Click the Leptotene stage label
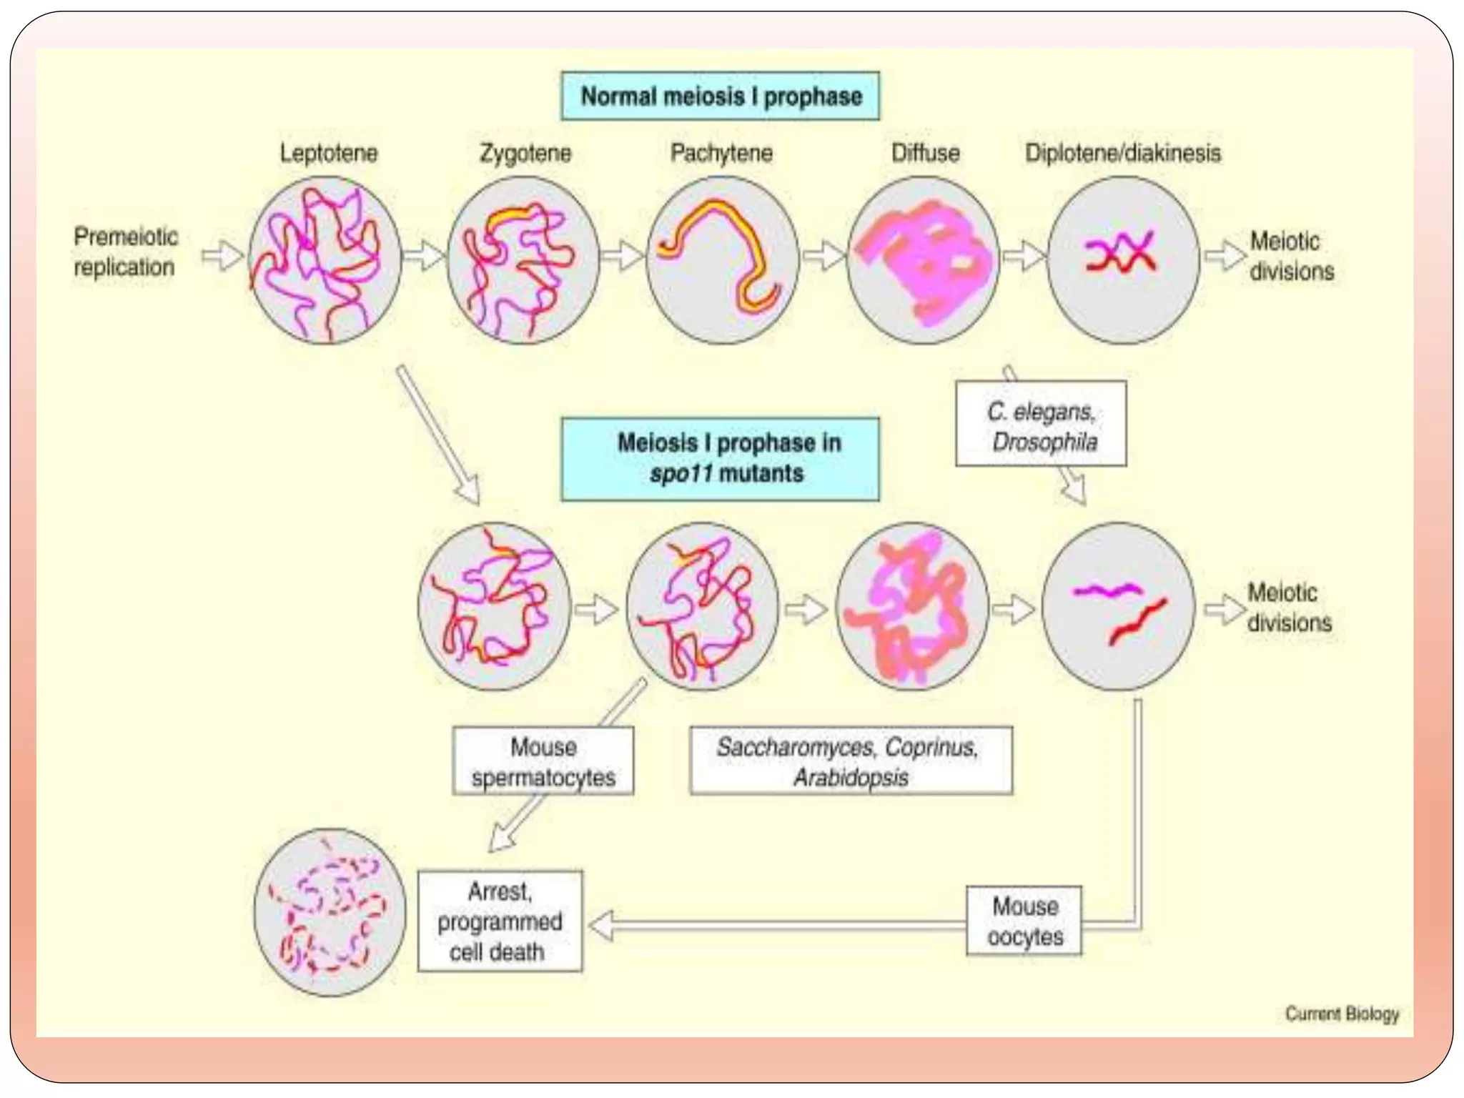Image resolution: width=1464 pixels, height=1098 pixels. [x=328, y=153]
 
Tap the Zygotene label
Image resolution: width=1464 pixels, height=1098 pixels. [x=525, y=153]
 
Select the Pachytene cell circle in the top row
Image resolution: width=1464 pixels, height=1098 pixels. [x=722, y=260]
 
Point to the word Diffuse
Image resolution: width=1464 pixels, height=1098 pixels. [x=925, y=153]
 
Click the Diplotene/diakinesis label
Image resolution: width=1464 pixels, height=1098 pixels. [x=1122, y=153]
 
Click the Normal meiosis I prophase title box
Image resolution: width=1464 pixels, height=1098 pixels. [x=721, y=96]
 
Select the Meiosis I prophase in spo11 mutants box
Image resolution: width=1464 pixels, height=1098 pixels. [x=721, y=458]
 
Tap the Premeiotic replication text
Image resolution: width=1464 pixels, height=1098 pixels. [x=126, y=252]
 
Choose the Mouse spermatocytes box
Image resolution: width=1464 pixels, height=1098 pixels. [x=543, y=761]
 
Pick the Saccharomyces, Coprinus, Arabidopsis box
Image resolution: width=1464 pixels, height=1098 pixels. [x=851, y=761]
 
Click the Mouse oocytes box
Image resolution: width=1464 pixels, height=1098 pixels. [x=1024, y=921]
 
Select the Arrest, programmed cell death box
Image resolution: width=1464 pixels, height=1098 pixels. [x=500, y=921]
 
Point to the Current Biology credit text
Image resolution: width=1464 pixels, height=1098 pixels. [x=1342, y=1013]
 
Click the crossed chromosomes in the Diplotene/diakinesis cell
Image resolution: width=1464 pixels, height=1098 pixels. [x=1120, y=253]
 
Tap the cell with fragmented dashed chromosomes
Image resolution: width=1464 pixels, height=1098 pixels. [x=330, y=912]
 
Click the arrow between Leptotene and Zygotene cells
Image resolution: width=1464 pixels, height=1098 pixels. [x=424, y=255]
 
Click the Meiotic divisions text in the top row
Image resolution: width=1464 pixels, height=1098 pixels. [x=1291, y=256]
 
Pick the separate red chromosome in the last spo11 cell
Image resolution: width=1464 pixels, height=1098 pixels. [x=1137, y=622]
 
